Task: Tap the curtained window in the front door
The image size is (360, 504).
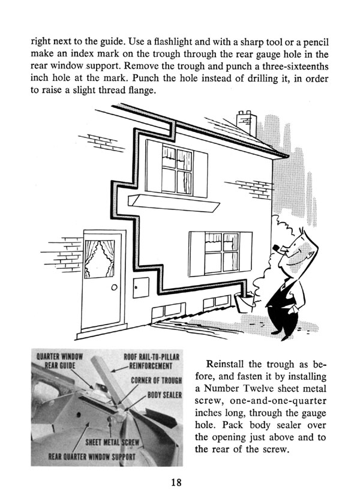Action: [x=99, y=259]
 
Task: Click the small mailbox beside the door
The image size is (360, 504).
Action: [x=140, y=287]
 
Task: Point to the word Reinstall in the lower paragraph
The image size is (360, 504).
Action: [x=228, y=364]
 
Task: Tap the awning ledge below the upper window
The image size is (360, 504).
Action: [x=170, y=208]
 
